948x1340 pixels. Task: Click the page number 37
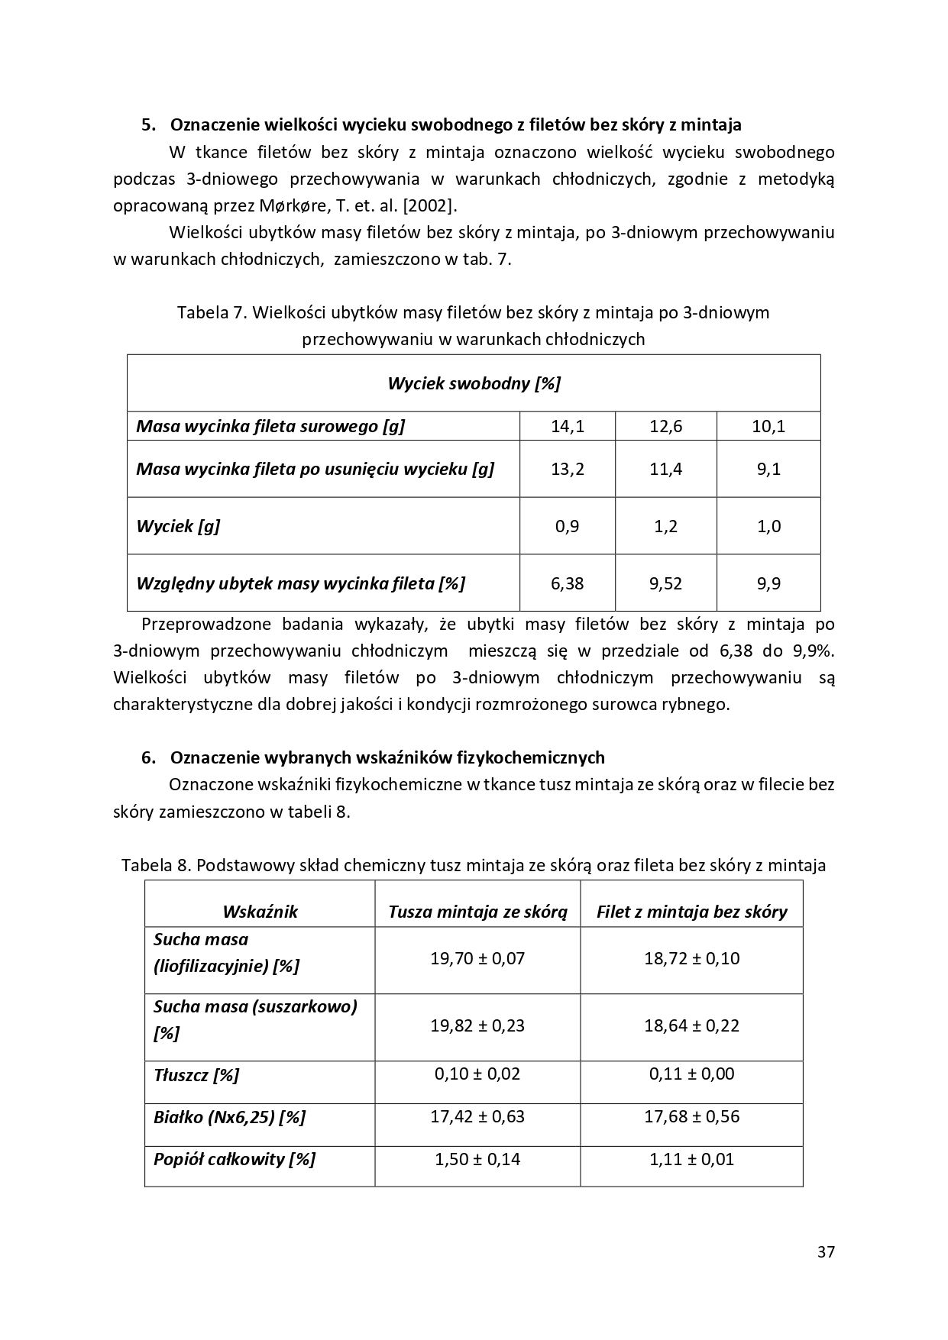pos(826,1251)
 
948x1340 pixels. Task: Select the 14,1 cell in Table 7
pos(568,426)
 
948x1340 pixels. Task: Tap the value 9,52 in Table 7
pos(665,583)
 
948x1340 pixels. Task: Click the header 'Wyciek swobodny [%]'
pos(474,383)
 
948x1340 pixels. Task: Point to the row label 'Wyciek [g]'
pos(178,526)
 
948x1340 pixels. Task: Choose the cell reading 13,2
pos(568,469)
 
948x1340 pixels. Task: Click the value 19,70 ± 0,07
pos(477,958)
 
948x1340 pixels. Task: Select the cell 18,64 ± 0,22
pos(691,1025)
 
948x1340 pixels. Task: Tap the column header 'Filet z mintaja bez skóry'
pos(691,912)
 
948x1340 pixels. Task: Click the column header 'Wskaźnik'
pos(260,912)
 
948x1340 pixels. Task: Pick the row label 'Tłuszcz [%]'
pos(196,1075)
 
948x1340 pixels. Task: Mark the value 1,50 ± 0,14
pos(477,1159)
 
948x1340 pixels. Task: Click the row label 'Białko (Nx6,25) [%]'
pos(229,1117)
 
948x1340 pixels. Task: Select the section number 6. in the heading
pos(149,757)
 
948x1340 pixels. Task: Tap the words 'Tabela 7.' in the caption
pos(211,312)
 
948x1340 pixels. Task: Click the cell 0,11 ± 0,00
pos(691,1074)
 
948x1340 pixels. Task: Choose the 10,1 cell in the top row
pos(768,426)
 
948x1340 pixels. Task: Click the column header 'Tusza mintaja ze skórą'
pos(477,912)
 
